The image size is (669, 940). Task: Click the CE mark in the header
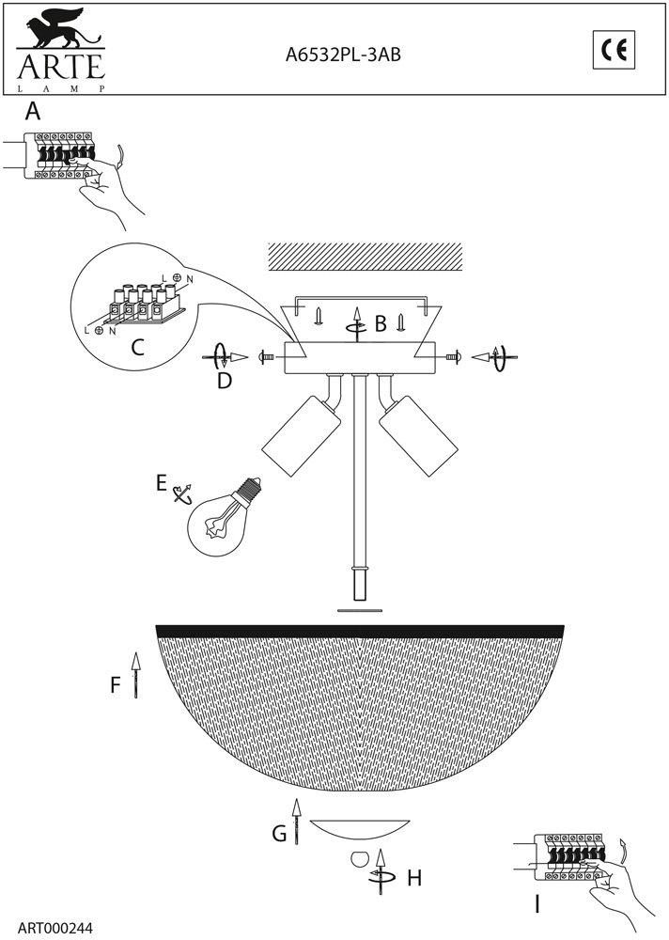614,51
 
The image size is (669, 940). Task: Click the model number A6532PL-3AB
343,55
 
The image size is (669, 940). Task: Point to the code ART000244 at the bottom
55,928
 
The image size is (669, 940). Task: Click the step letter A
33,111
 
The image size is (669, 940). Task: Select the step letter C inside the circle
138,347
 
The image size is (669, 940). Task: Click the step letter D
225,381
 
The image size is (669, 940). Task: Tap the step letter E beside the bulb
162,482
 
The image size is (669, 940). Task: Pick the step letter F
116,684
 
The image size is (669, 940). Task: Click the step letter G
279,833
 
